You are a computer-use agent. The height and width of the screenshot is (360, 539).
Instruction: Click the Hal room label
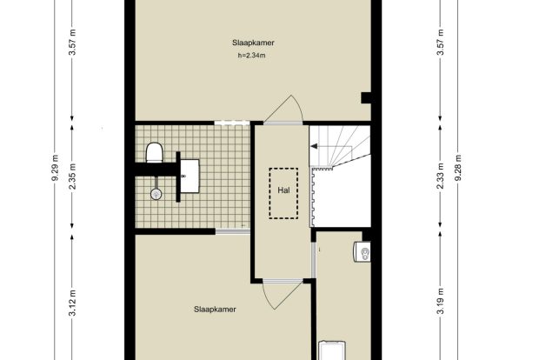(283, 190)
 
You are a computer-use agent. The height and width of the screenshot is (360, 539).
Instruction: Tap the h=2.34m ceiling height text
(251, 56)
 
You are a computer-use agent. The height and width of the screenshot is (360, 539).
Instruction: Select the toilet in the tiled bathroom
(155, 152)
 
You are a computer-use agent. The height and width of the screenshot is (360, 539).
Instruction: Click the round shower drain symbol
(156, 194)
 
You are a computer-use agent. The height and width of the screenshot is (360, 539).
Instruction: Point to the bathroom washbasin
(190, 176)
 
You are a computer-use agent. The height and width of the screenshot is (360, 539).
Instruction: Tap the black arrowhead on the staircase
(314, 146)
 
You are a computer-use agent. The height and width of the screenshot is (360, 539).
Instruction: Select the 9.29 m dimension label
(55, 171)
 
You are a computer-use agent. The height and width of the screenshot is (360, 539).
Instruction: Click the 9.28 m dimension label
(457, 168)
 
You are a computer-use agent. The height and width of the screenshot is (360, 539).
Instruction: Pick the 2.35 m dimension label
(72, 177)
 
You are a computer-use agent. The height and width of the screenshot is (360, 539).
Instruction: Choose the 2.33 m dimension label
(441, 176)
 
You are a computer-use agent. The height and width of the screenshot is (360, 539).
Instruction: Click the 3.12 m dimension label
(72, 303)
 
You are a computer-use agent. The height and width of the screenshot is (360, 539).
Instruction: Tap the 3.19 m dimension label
(441, 301)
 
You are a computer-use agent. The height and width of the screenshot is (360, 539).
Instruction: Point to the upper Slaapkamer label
(253, 43)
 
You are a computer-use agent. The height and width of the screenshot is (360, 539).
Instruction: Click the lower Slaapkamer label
(215, 310)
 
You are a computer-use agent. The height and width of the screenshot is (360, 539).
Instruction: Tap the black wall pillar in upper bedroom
(366, 97)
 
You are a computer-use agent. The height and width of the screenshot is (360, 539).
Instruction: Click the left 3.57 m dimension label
(72, 43)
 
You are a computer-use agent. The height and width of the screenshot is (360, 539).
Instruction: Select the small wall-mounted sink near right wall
(363, 251)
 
